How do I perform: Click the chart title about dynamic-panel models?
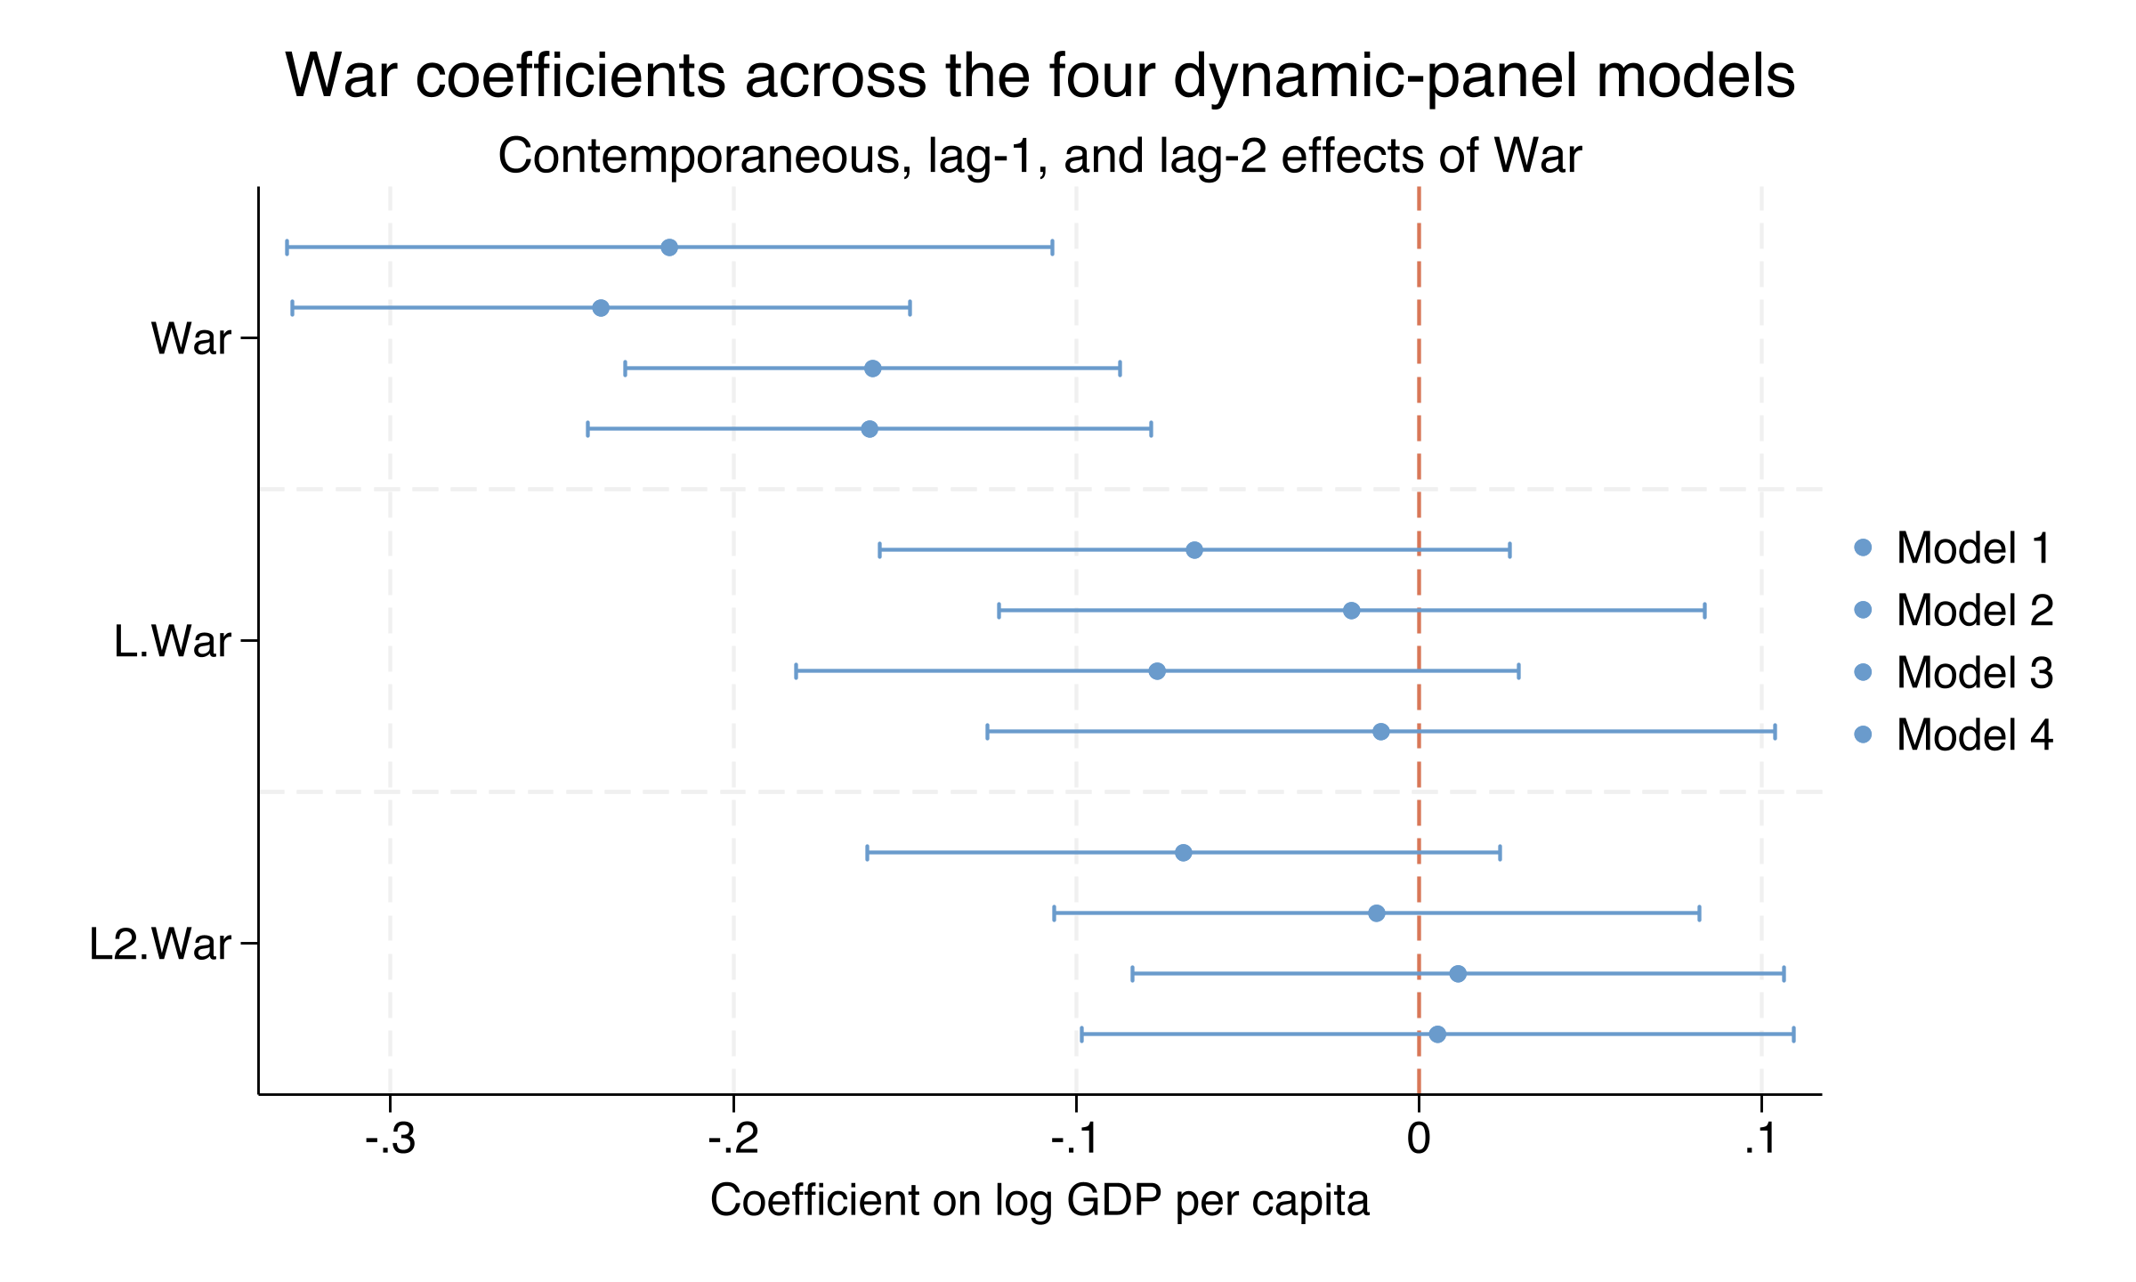click(x=1040, y=77)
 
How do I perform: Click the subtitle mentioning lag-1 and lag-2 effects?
click(x=1040, y=157)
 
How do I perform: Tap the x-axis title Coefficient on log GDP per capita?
click(x=1040, y=1201)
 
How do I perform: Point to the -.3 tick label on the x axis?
click(x=390, y=1140)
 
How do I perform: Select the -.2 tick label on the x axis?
click(x=733, y=1140)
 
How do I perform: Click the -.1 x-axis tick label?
click(x=1076, y=1140)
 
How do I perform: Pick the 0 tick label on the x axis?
click(x=1419, y=1140)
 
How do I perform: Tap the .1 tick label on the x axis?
click(x=1760, y=1140)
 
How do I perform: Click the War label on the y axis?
click(x=191, y=339)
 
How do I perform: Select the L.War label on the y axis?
click(x=173, y=641)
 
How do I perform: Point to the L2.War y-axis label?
click(x=160, y=944)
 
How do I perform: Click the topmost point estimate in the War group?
click(x=669, y=247)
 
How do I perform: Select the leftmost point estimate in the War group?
click(x=601, y=308)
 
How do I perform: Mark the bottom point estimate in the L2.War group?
click(x=1437, y=1035)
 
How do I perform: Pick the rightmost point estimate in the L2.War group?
click(x=1458, y=974)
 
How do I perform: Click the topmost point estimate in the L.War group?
click(x=1194, y=550)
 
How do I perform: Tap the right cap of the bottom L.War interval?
click(x=1775, y=732)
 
